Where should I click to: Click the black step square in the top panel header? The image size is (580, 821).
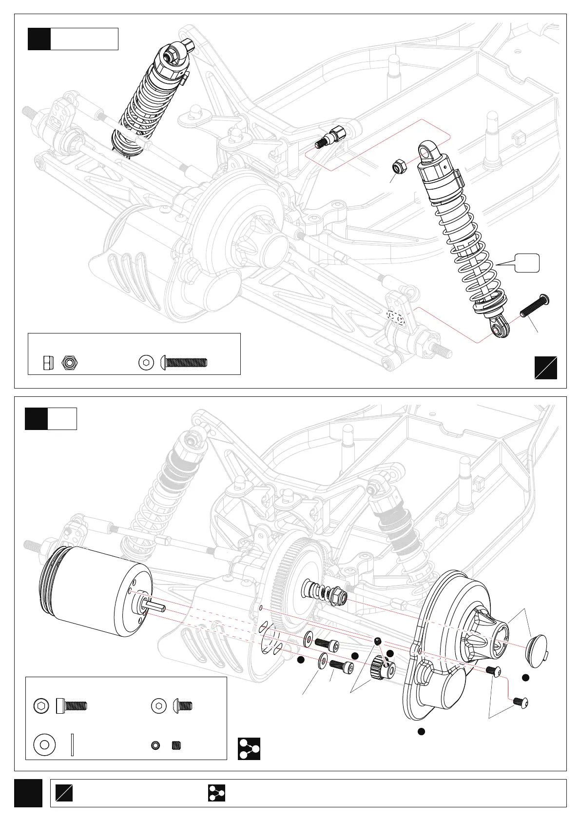pyautogui.click(x=39, y=39)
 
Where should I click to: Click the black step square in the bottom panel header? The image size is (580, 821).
pyautogui.click(x=37, y=419)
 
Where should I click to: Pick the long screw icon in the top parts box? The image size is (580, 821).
pyautogui.click(x=184, y=362)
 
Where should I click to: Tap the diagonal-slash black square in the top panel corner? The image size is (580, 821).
pyautogui.click(x=545, y=368)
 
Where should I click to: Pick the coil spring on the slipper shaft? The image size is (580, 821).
pyautogui.click(x=317, y=590)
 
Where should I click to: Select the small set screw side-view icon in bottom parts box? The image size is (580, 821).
pyautogui.click(x=176, y=745)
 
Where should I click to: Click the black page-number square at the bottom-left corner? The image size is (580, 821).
pyautogui.click(x=28, y=793)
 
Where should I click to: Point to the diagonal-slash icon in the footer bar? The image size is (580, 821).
pyautogui.click(x=64, y=793)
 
